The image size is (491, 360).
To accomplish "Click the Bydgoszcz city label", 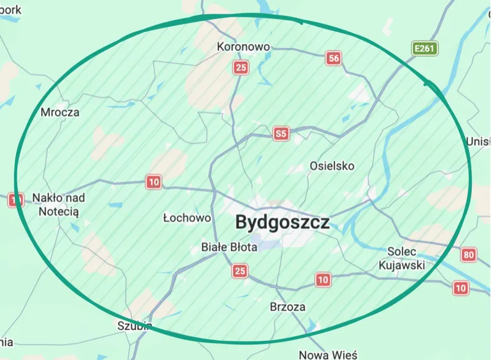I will click(282, 222).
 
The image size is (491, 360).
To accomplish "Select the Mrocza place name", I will click(60, 112).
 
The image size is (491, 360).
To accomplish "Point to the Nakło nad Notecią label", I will click(59, 204).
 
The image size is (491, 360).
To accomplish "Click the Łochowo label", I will click(187, 218).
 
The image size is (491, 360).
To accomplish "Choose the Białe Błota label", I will click(230, 247).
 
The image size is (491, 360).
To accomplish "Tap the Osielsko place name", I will click(332, 166).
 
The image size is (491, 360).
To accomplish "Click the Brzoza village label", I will click(287, 307).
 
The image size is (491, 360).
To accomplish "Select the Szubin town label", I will click(134, 326).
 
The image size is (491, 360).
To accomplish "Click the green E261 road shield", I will click(424, 48).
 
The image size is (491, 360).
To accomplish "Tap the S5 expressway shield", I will click(281, 134).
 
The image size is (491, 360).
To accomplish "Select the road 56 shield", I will click(333, 58).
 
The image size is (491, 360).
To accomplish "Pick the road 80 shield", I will click(470, 255).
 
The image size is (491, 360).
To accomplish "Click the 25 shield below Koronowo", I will click(241, 67).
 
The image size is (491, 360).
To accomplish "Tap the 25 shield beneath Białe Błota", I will click(240, 270).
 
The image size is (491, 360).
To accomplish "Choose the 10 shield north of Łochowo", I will click(153, 182).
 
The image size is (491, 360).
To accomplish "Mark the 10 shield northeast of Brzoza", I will click(323, 280).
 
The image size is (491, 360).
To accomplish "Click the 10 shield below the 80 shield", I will click(460, 287).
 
